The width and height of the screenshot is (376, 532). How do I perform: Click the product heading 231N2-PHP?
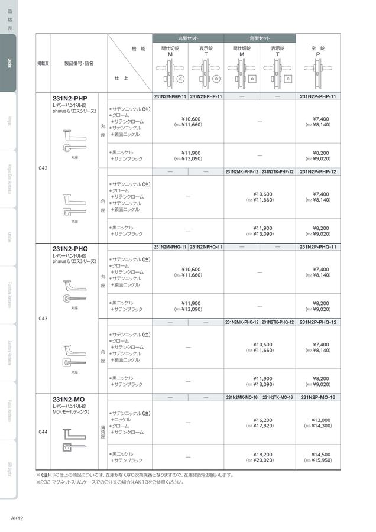click(x=70, y=98)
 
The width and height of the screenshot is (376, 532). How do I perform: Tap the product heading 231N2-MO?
click(x=68, y=399)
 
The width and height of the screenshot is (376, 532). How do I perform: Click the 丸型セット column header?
click(x=188, y=38)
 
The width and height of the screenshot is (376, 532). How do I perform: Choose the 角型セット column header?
click(x=260, y=38)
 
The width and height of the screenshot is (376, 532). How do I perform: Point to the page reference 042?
click(x=43, y=168)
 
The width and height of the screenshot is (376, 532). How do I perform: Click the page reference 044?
click(x=43, y=432)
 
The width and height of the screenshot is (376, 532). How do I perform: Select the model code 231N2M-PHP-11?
click(x=170, y=96)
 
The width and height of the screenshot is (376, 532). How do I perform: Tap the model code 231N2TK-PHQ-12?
click(x=278, y=322)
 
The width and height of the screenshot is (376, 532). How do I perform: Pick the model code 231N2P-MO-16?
click(x=317, y=397)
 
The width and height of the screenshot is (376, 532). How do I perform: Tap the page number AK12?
click(x=17, y=518)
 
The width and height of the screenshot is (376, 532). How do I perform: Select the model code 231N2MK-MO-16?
click(x=242, y=397)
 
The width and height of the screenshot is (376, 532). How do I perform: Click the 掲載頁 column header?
click(x=43, y=63)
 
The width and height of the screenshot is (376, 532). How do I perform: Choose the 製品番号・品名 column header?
click(x=79, y=63)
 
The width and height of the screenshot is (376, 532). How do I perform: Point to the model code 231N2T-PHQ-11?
click(x=206, y=246)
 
